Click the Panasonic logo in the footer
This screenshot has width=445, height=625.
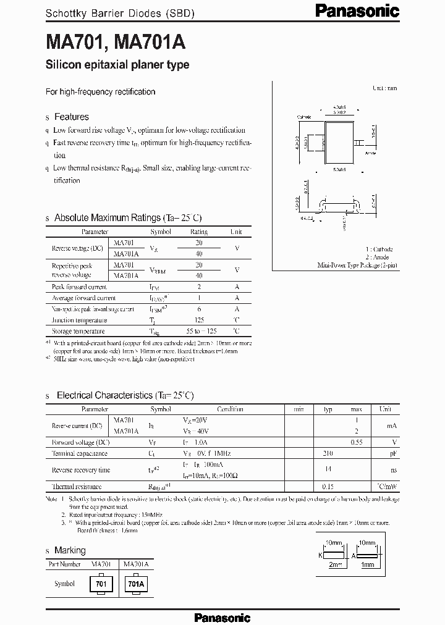(222, 617)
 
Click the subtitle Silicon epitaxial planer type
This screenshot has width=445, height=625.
(117, 65)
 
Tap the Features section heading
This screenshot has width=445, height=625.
(71, 117)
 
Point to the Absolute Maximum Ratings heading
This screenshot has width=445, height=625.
(128, 218)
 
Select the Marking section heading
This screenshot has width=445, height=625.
(70, 550)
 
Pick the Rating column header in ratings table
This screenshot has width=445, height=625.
(199, 232)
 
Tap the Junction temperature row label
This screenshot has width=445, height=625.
(79, 320)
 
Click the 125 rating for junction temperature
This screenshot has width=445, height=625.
(199, 320)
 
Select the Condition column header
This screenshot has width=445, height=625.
(230, 409)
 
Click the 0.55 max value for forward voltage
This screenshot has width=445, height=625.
(356, 442)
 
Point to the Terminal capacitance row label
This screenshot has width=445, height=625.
(79, 453)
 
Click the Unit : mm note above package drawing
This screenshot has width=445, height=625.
(384, 88)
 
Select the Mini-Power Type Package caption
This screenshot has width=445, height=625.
(357, 264)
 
